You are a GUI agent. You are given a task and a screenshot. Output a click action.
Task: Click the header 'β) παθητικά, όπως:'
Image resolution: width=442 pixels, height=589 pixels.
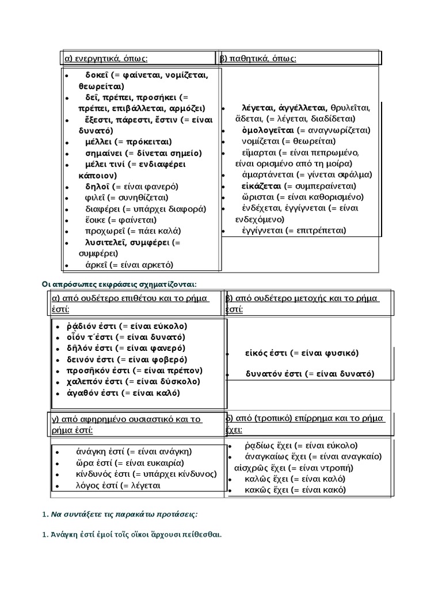coord(258,58)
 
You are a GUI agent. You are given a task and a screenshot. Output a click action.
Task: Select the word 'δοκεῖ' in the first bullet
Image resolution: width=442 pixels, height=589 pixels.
coord(98,75)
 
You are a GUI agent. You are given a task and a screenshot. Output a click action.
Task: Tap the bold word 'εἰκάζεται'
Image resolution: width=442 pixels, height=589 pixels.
coord(262,186)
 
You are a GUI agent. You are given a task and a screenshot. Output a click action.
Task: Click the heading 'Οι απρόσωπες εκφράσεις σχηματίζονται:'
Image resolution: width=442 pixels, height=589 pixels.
coord(119,284)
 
